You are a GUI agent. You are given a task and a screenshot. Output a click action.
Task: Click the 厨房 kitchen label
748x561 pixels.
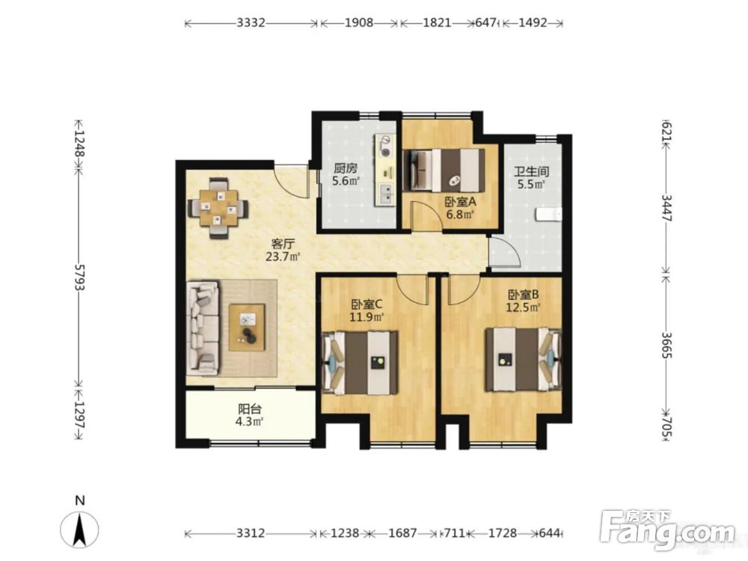(346, 168)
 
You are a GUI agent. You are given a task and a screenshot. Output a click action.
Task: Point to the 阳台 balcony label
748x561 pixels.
(250, 409)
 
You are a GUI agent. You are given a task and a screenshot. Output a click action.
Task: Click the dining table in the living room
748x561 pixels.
(218, 208)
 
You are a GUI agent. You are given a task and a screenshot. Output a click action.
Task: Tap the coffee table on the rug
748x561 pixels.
(246, 328)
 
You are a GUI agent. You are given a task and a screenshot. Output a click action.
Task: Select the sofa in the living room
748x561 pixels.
(203, 328)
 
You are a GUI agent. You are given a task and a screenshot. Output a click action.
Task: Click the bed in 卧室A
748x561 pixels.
(444, 170)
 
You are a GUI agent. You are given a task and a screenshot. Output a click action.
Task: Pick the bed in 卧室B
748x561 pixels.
(524, 360)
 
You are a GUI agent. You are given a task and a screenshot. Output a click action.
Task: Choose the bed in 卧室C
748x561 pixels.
(361, 363)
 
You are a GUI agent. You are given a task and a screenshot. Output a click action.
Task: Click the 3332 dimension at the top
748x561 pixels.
(251, 22)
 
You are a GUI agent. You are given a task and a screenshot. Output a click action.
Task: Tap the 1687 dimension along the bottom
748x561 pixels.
(402, 533)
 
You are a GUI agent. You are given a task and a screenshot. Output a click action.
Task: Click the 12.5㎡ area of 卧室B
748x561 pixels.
(523, 307)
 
